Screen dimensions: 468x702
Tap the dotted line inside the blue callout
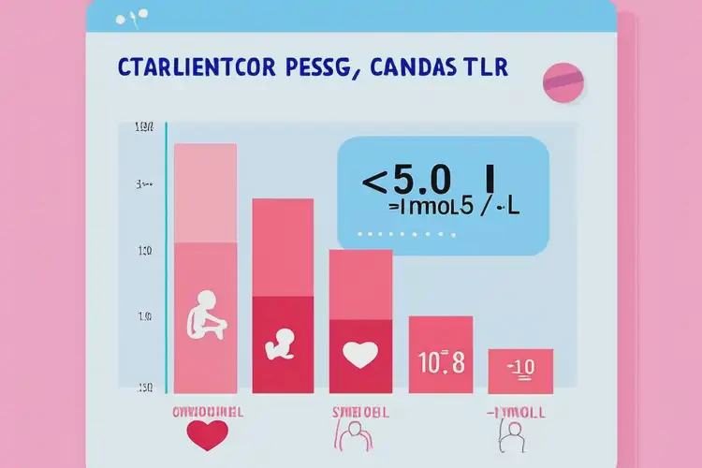pos(398,233)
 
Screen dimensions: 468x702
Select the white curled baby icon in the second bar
pos(282,344)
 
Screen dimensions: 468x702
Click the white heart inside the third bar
pos(359,354)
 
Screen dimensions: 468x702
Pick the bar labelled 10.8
pos(441,355)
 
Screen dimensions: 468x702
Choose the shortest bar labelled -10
pos(519,371)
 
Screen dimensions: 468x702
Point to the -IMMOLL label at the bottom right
pos(518,412)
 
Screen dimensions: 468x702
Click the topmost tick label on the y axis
pos(144,127)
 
